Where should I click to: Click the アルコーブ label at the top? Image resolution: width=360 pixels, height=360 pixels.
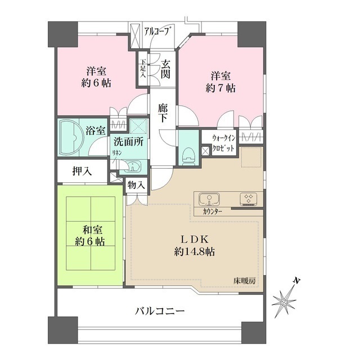(157, 30)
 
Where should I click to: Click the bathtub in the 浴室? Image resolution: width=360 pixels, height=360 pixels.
(71, 137)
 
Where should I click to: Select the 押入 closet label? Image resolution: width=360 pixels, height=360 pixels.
(82, 172)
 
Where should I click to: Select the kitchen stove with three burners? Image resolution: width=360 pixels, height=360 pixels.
(247, 199)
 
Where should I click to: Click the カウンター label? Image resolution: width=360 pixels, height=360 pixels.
(209, 211)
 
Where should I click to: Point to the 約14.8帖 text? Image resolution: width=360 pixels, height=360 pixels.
(195, 251)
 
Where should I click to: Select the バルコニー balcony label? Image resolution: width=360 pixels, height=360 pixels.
(160, 311)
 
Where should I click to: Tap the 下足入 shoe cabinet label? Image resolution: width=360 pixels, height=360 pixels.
(143, 69)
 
